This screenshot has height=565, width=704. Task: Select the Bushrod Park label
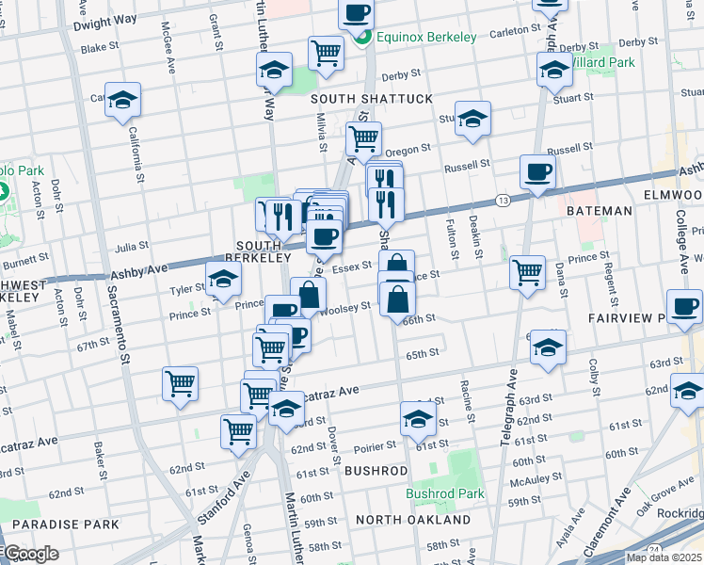pos(445,493)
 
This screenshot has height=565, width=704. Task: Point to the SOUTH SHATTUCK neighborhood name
pos(372,99)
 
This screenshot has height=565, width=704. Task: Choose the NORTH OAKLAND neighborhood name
pos(413,520)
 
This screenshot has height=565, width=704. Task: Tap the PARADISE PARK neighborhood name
pos(66,524)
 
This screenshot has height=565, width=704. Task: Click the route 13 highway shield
pos(504,201)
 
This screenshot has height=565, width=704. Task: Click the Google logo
pos(30,554)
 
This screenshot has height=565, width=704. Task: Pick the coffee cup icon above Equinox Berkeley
pos(357,13)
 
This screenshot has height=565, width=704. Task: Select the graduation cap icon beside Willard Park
pos(554,69)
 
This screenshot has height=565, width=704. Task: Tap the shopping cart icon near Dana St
pos(528,272)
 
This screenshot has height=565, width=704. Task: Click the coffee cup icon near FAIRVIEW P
pos(684,306)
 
